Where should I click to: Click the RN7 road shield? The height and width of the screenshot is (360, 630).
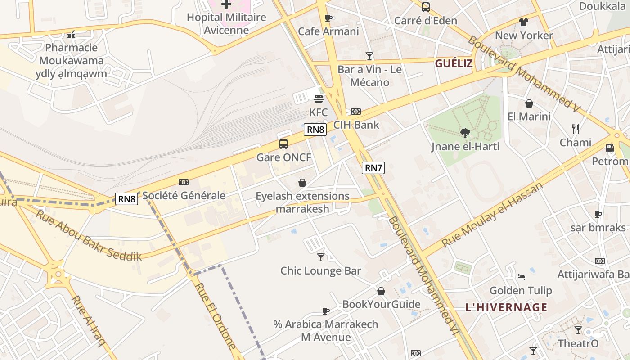click(373, 168)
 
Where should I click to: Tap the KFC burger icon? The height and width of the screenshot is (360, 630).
click(319, 99)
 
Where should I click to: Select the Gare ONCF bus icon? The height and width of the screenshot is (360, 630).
click(283, 144)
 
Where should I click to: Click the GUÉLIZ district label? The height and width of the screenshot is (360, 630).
click(454, 63)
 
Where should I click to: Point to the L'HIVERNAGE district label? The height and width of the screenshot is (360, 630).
click(506, 308)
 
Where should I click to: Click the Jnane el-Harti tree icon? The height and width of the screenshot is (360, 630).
click(465, 133)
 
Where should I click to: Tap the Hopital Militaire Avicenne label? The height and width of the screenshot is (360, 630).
click(226, 23)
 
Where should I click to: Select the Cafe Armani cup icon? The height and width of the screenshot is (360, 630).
click(328, 18)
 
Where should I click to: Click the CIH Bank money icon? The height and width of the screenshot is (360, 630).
click(356, 111)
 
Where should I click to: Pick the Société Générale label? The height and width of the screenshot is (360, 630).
click(184, 195)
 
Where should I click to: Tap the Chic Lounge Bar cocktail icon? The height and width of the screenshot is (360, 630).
click(321, 257)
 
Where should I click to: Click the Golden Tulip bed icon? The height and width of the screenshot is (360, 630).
click(521, 277)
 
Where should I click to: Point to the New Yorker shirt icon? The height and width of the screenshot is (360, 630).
click(524, 22)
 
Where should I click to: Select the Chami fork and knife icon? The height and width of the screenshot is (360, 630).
click(576, 129)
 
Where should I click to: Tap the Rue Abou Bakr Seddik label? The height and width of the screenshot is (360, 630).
click(89, 235)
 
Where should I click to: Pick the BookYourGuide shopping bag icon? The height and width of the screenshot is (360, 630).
click(381, 291)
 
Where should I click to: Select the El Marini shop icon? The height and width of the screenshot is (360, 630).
click(529, 103)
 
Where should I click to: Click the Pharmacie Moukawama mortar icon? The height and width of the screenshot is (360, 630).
click(71, 34)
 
